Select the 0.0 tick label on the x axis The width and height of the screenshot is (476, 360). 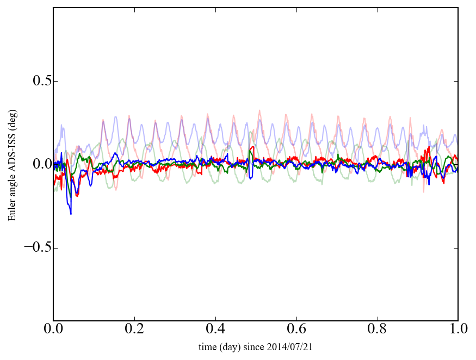[x=53, y=330]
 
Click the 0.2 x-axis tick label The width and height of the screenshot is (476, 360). [x=134, y=330]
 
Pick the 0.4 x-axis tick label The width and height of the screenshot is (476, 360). [x=215, y=330]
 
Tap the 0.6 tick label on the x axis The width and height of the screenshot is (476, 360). [x=296, y=330]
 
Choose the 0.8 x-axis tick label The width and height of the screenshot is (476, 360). [x=377, y=330]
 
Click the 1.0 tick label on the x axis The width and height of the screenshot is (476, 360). [x=458, y=330]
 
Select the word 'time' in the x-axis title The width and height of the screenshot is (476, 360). [x=208, y=346]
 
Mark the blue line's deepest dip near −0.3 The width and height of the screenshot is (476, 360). [x=71, y=214]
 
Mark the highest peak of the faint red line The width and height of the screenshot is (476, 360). [x=259, y=110]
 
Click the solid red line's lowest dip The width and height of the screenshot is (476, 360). [x=77, y=196]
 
